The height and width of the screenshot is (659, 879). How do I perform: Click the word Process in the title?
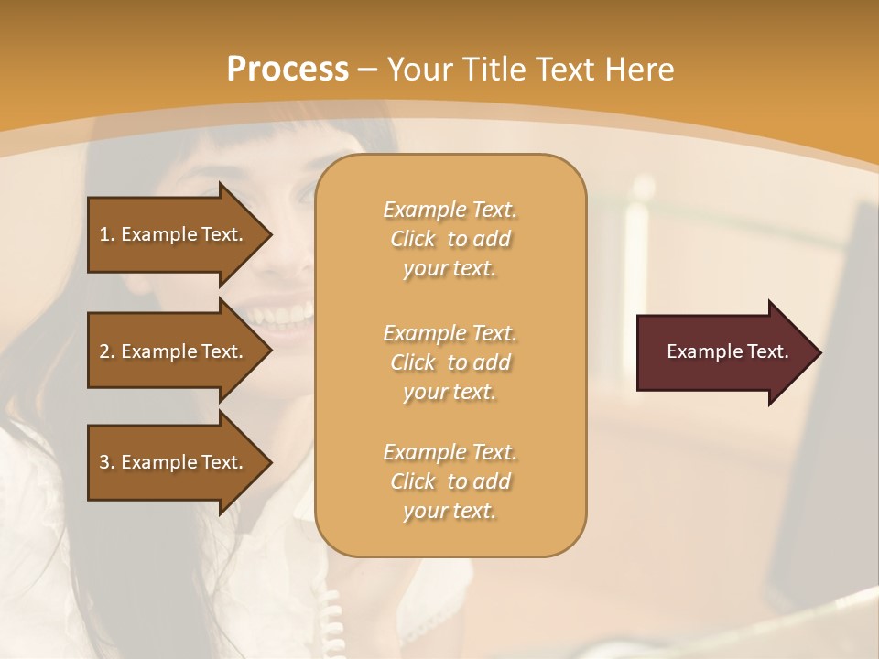click(x=288, y=70)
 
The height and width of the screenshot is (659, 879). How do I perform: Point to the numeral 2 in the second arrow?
click(x=105, y=351)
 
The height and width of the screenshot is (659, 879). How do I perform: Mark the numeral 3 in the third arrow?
click(x=105, y=462)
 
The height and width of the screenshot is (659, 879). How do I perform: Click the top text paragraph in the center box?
click(x=450, y=239)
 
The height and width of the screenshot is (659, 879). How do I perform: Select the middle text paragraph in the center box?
click(x=450, y=362)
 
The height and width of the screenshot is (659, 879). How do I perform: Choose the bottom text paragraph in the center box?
click(x=450, y=481)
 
